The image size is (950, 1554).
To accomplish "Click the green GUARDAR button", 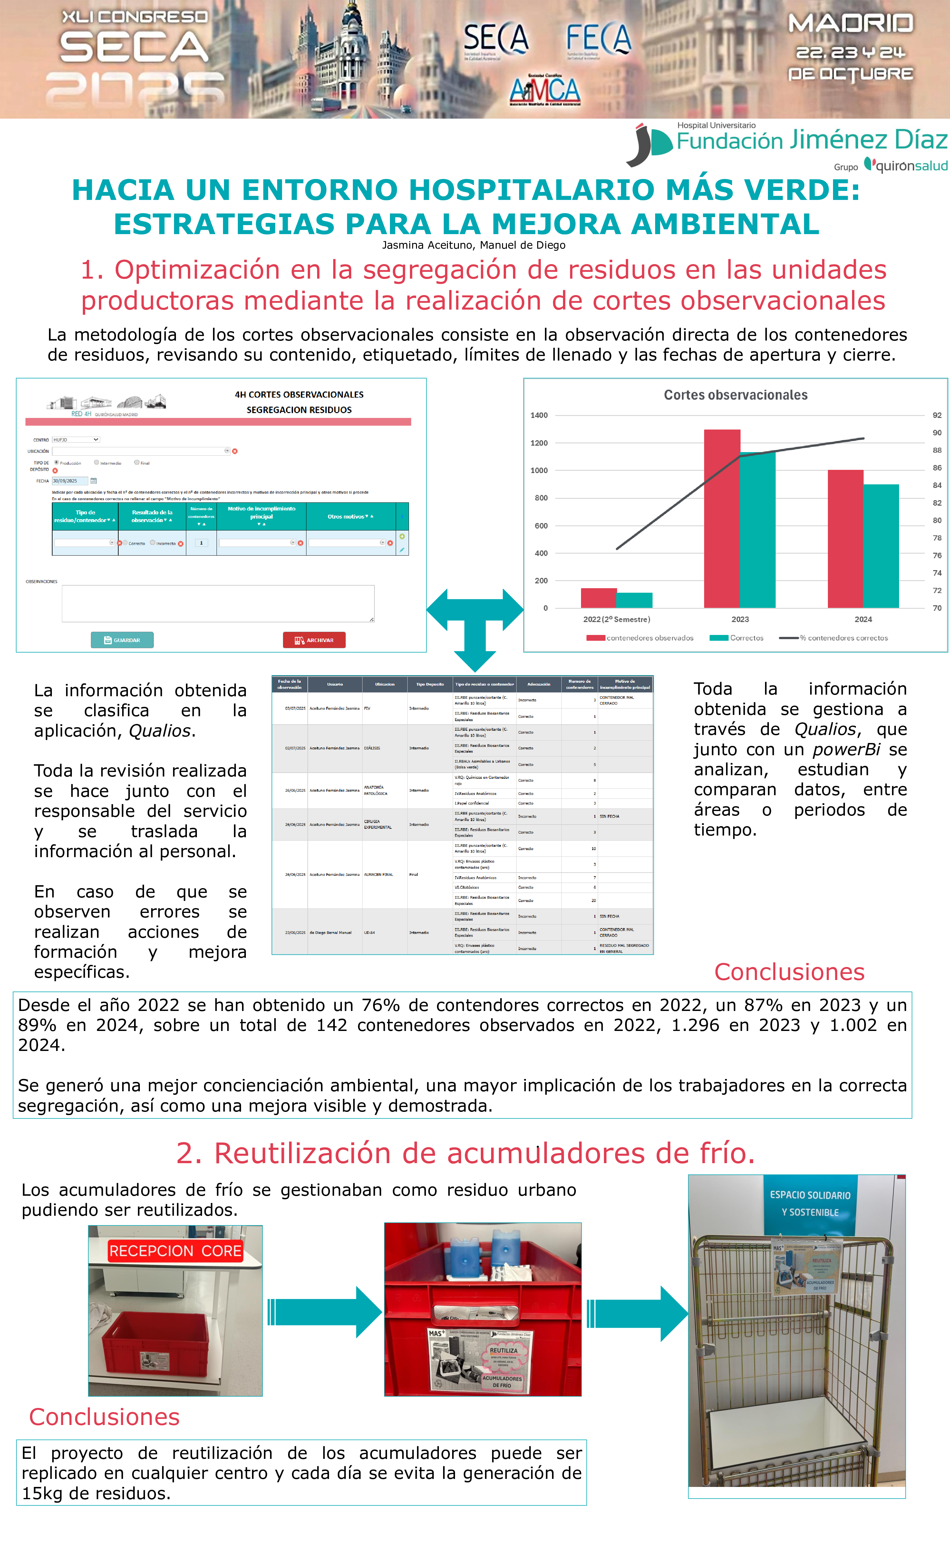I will (122, 640).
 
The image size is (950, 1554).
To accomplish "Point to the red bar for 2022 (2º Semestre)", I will (598, 598).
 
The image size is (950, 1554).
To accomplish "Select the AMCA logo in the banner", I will (545, 90).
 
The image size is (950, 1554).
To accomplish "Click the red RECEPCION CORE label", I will (175, 1251).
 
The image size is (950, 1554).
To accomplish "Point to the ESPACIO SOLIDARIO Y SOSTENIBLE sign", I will (810, 1203).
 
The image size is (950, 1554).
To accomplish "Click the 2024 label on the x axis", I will (863, 619).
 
